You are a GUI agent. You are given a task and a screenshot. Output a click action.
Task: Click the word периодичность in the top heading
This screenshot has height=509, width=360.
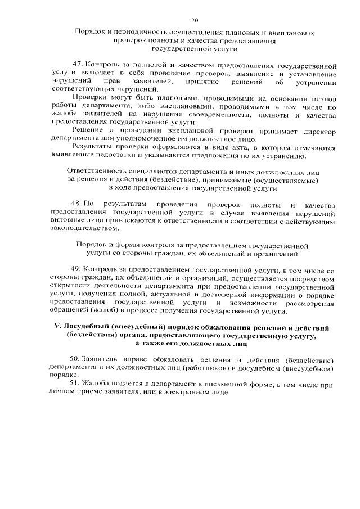coord(132,33)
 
